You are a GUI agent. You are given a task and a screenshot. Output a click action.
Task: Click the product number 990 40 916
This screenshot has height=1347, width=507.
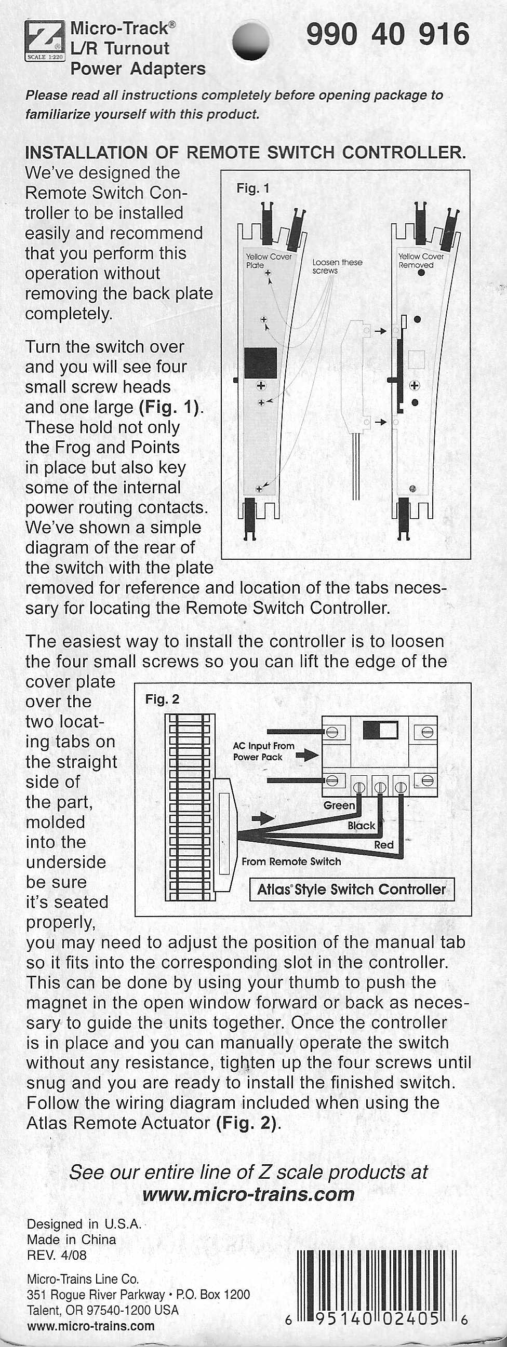coord(388,35)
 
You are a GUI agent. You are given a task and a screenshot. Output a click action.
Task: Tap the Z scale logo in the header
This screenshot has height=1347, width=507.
coord(45,42)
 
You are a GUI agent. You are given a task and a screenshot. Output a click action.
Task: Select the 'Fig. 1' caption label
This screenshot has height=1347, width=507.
coord(252,188)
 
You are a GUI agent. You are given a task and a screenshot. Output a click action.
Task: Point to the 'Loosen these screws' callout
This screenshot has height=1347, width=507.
coord(337,266)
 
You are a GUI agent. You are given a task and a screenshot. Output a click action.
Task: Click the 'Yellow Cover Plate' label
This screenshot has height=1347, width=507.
coord(269,261)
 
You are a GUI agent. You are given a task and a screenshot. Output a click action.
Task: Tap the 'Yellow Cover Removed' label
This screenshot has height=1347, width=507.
coord(421,261)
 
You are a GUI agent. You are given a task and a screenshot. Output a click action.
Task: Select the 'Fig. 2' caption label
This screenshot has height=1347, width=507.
coord(162,699)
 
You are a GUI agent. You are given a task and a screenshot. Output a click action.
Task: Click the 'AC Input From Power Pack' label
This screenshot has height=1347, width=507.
coord(264,751)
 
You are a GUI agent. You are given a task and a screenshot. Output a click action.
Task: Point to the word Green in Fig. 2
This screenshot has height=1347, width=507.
coord(339,805)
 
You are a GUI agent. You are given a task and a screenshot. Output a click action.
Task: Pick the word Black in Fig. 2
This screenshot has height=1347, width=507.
coord(362,826)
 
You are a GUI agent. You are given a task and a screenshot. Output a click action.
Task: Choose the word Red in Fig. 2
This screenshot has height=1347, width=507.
coord(383,845)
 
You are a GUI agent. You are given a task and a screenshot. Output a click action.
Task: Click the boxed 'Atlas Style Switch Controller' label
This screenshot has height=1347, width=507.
coord(352,890)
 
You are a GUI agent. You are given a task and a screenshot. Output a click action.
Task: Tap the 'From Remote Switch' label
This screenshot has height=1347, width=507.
coord(291,861)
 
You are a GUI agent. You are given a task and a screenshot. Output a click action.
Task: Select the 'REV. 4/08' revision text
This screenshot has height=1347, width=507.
coord(57,1255)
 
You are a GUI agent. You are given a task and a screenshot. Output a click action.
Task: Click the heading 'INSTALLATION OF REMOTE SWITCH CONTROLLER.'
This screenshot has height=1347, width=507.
coord(245,153)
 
